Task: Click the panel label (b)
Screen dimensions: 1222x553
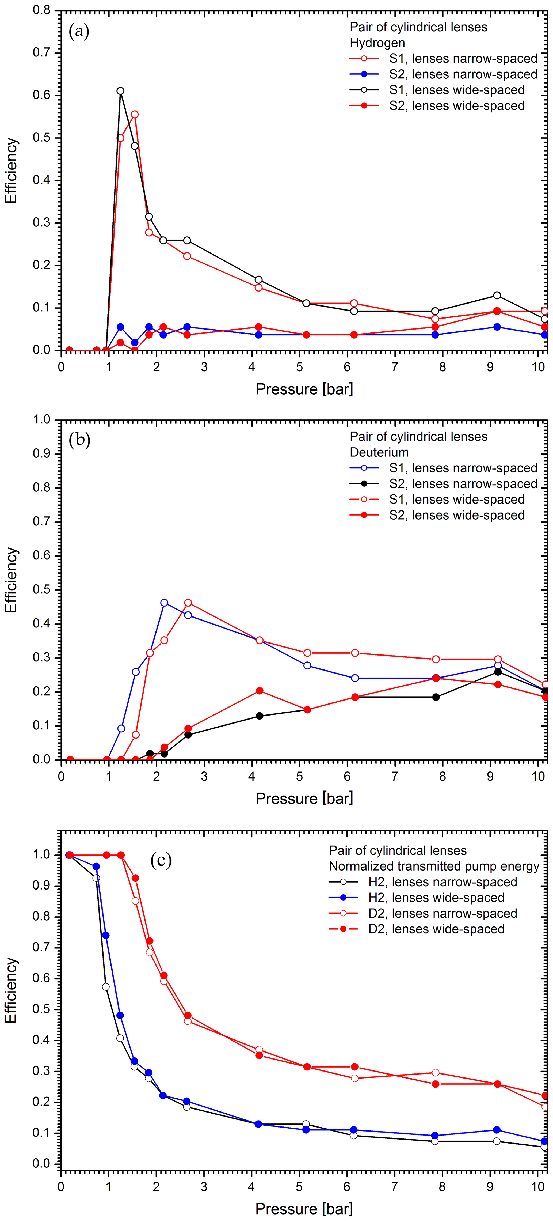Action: (79, 440)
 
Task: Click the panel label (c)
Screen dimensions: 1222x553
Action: (161, 860)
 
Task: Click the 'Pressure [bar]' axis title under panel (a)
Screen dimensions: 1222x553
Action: (304, 389)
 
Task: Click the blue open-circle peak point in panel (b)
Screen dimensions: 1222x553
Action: (164, 603)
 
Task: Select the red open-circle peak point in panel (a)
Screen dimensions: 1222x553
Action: (135, 114)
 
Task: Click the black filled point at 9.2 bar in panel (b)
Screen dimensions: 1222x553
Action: (498, 672)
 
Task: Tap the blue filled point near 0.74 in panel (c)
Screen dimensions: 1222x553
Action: (106, 935)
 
